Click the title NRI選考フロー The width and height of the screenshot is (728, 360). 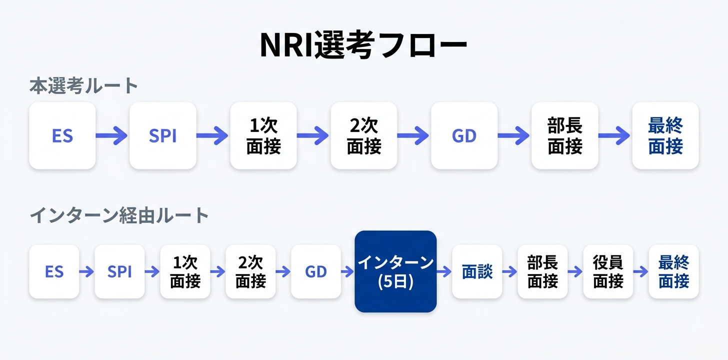363,44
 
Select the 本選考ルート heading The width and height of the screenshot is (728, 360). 83,86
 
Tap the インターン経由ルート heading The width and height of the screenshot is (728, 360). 119,215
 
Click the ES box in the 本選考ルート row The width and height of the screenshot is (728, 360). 62,135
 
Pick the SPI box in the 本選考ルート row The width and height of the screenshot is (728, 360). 163,135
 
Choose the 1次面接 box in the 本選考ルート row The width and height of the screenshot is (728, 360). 263,135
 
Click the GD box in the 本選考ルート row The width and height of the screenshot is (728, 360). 464,135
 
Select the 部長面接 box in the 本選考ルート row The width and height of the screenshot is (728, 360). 565,135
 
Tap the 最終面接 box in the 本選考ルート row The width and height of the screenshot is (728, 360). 665,135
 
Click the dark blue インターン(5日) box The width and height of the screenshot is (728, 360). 395,271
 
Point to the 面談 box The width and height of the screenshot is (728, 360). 477,271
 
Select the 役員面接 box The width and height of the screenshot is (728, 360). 608,271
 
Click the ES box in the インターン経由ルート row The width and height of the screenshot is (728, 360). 54,271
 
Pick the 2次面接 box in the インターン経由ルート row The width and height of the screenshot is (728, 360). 250,271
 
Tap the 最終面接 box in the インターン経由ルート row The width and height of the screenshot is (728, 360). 673,271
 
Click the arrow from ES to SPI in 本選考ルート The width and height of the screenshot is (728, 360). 111,135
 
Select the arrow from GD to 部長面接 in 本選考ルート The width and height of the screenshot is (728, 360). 514,135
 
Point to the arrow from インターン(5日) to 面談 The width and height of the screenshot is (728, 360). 444,271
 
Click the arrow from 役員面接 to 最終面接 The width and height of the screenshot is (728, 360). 641,271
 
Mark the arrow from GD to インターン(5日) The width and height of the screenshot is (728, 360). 348,271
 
